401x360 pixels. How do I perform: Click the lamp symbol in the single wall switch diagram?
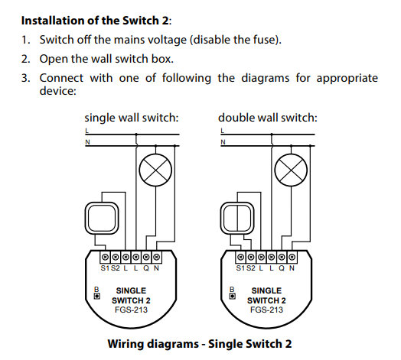coord(155,170)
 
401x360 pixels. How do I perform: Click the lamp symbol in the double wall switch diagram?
coord(291,170)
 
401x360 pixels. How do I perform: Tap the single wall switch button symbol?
coord(102,218)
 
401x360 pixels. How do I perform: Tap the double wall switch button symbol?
coord(237,218)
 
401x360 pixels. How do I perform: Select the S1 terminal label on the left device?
coord(105,268)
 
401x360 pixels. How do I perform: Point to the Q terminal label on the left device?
coord(146,268)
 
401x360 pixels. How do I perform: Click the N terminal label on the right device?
coord(292,268)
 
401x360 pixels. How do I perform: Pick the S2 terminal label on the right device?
coord(251,268)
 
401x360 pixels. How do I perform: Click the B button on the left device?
coord(97,296)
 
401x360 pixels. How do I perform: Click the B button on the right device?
coord(233,296)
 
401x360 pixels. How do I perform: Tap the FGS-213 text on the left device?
coord(131,310)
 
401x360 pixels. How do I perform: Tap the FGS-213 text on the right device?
coord(267,310)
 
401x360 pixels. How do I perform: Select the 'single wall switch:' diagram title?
coord(132,118)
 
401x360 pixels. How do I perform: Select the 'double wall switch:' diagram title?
coord(268,118)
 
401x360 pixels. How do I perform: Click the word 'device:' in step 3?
coord(58,91)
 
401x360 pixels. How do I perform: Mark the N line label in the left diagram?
coord(87,142)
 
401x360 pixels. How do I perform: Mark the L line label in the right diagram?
coord(222,131)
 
